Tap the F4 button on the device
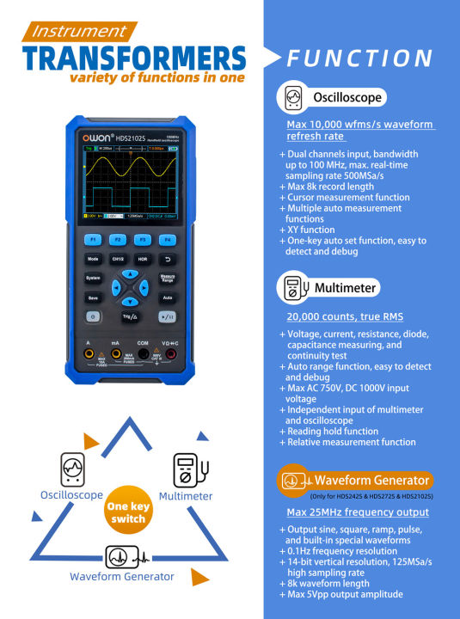click(169, 239)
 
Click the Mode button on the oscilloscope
click(92, 259)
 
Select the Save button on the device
click(92, 297)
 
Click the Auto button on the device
click(168, 297)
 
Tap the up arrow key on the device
click(130, 273)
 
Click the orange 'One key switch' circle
click(128, 512)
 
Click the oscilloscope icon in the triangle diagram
click(72, 470)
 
